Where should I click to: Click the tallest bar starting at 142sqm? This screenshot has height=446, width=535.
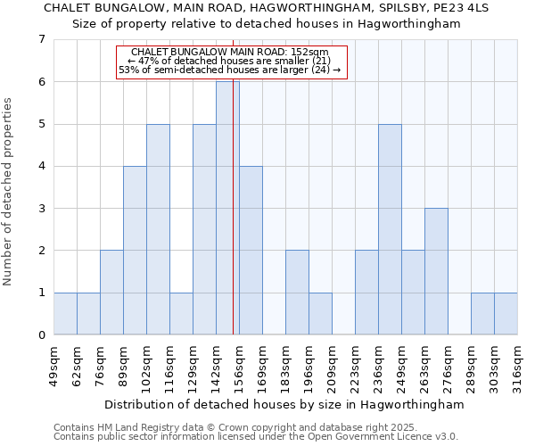pos(227,208)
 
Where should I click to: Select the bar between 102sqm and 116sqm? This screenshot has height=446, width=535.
pos(158,229)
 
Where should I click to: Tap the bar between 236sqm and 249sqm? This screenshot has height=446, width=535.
pos(390,229)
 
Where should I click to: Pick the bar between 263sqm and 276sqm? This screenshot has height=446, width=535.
pos(436,271)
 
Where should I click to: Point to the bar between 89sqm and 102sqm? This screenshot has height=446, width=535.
pos(135,251)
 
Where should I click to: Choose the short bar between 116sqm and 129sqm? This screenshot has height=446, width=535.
pos(181,314)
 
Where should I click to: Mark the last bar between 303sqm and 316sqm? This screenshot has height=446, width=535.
pos(506,314)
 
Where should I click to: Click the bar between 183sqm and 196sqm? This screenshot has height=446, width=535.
pos(297,293)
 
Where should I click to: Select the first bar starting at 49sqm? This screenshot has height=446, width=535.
pos(65,314)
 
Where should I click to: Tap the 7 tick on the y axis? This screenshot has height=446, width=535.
pos(41,39)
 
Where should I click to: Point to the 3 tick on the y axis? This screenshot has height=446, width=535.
pos(41,209)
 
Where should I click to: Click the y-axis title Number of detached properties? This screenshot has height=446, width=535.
pos(10,192)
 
